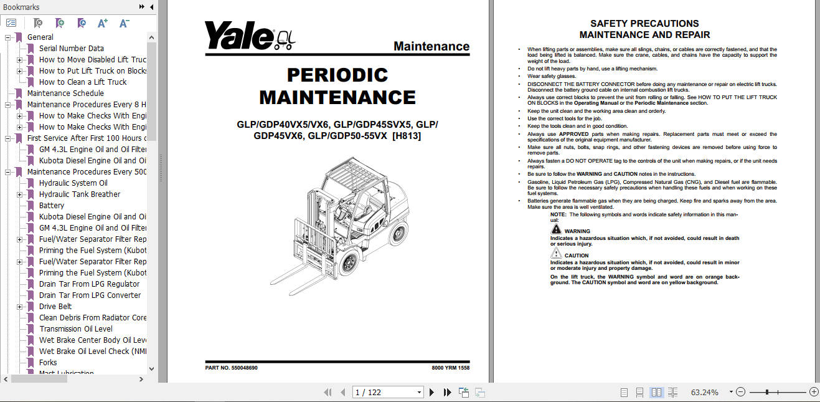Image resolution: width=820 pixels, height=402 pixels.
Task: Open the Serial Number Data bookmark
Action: [x=71, y=49]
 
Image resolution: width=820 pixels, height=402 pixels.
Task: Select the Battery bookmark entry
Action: [x=52, y=206]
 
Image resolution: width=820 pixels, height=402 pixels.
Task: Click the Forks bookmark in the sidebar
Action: [x=48, y=363]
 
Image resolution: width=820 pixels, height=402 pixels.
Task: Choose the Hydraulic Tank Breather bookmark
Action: [x=80, y=194]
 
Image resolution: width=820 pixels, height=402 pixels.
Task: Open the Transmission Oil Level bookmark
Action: [x=76, y=329]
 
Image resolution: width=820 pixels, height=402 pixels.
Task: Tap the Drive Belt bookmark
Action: [x=55, y=307]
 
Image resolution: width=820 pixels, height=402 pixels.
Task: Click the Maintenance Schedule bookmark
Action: [x=65, y=93]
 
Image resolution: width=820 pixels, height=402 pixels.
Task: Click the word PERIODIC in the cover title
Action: [x=337, y=75]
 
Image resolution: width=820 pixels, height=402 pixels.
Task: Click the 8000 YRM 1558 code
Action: [x=450, y=368]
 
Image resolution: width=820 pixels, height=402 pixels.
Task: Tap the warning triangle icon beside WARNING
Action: [x=556, y=229]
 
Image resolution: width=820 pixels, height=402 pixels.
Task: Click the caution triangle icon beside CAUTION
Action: [x=556, y=254]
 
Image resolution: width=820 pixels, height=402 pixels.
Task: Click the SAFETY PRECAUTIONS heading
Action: [x=644, y=24]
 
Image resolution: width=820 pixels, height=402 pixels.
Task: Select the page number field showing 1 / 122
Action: [x=386, y=393]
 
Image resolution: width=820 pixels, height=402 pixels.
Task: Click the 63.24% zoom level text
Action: [x=704, y=393]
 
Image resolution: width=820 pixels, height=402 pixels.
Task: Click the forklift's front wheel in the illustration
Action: [x=346, y=264]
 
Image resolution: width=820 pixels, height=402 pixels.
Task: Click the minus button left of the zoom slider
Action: [x=740, y=393]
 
